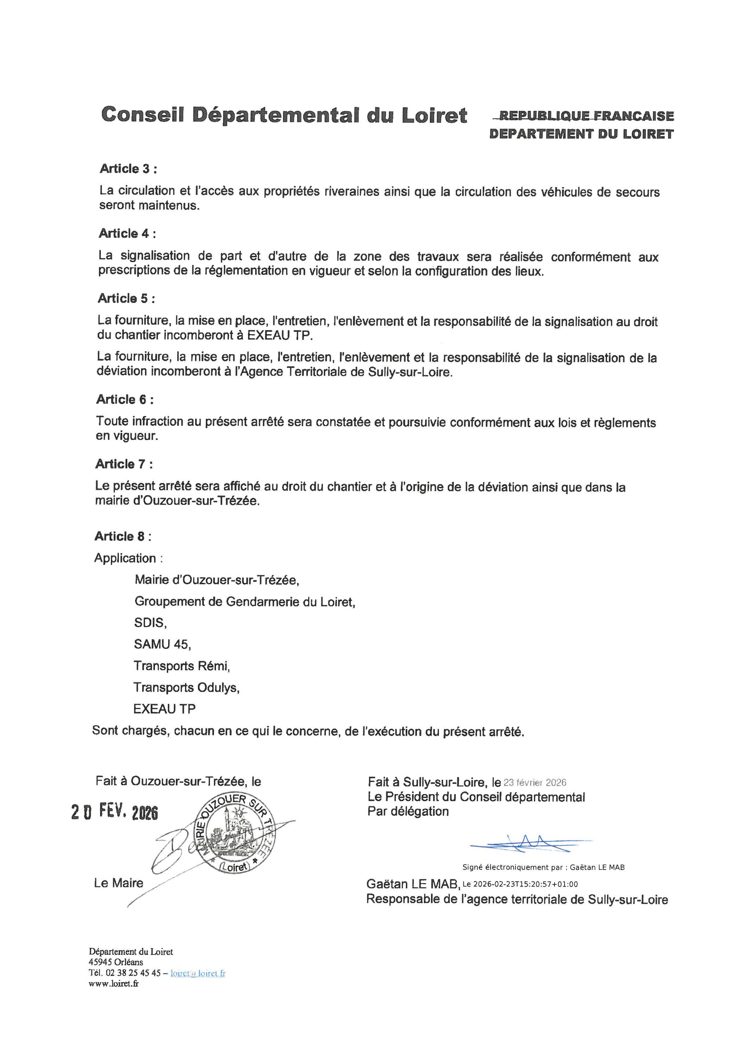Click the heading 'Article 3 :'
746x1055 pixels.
128,169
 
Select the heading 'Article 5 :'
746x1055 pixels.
126,299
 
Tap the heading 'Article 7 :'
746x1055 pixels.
124,464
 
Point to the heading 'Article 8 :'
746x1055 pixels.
123,536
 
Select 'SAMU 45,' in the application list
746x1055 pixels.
162,644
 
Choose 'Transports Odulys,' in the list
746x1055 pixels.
187,688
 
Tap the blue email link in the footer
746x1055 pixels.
198,973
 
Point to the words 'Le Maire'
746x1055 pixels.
119,883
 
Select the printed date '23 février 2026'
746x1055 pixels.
535,782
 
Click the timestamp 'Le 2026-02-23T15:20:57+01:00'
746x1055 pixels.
520,884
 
